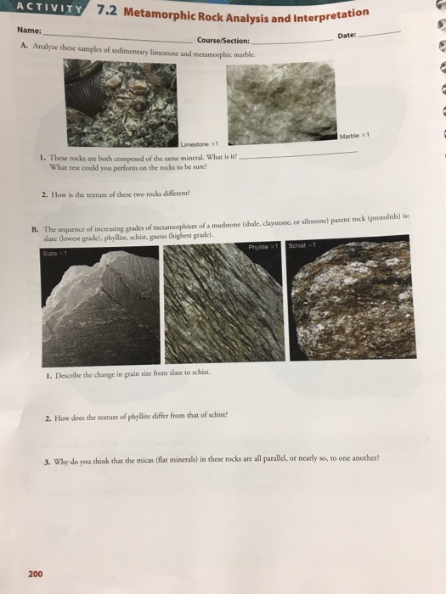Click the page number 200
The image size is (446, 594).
tap(35, 574)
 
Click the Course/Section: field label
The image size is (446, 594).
tap(223, 39)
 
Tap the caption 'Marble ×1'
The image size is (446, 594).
tap(352, 137)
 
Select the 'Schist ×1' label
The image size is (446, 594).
tap(302, 221)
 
